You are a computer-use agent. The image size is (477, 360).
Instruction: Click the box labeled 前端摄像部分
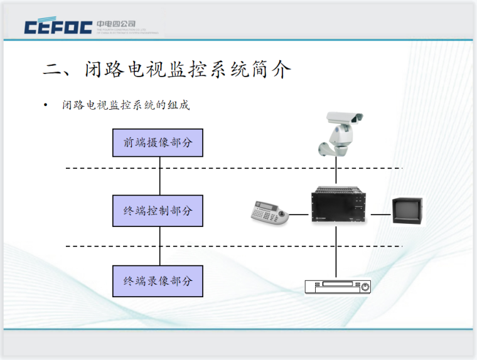158,143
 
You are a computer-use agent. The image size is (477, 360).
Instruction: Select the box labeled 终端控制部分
158,211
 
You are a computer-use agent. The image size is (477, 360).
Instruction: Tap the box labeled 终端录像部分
158,281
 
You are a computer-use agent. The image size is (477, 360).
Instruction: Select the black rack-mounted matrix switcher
338,206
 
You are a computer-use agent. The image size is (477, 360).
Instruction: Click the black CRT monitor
407,211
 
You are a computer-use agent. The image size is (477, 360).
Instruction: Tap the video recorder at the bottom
338,287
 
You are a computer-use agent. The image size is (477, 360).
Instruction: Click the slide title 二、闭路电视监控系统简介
167,70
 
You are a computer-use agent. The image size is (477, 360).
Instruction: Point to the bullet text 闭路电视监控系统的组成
126,105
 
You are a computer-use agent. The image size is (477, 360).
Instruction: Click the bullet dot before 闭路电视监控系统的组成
45,105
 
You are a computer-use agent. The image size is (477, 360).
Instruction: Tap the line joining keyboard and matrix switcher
299,214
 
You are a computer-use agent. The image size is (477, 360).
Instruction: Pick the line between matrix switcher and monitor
380,214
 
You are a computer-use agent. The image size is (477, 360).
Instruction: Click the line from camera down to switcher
338,172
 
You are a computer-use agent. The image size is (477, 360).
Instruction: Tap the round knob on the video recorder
365,287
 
